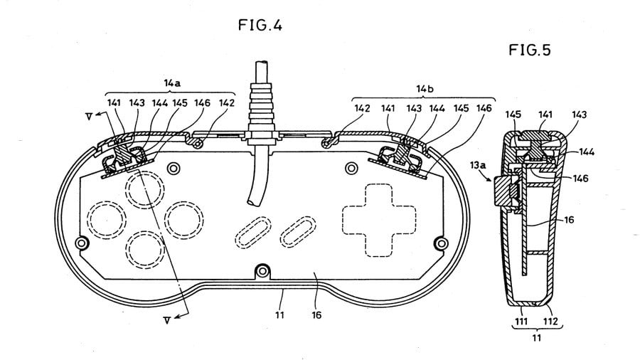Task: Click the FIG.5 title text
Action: pyautogui.click(x=530, y=50)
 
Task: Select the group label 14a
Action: pyautogui.click(x=171, y=84)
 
